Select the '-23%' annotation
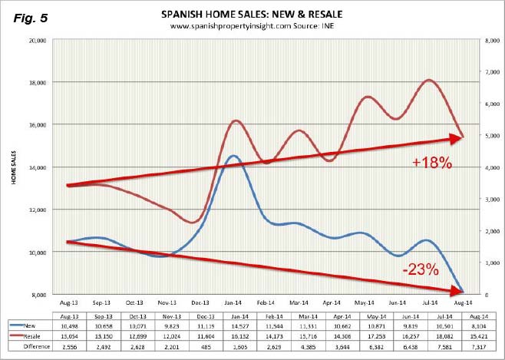click(x=419, y=269)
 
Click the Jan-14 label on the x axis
click(x=232, y=305)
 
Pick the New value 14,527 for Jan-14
click(x=232, y=325)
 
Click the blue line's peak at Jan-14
click(x=233, y=156)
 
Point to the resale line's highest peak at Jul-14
click(x=428, y=80)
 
